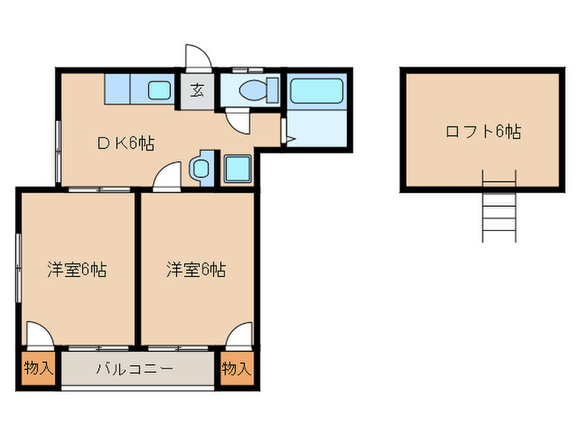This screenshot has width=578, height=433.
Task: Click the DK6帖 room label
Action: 126,143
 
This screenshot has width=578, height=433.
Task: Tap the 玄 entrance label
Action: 198,91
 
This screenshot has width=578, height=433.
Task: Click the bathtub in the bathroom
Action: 316,91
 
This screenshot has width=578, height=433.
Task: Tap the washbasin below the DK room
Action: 201,169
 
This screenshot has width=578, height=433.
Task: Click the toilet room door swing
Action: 237,119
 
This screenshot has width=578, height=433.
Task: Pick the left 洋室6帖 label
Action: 76,269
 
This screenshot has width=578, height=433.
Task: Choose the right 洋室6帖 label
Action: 197,269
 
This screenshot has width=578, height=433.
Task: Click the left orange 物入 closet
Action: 37,368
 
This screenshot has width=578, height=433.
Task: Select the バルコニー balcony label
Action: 134,369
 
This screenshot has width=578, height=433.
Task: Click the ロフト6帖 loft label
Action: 482,131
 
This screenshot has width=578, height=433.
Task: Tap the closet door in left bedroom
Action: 40,335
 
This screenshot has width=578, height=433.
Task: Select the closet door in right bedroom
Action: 238,335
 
